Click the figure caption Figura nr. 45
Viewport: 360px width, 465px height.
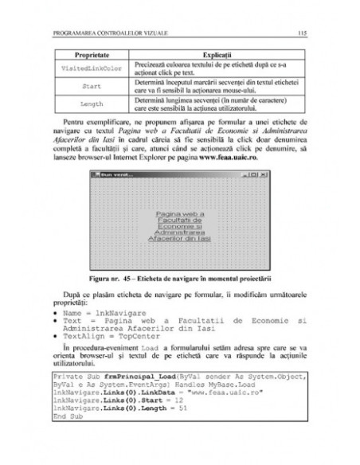[x=179, y=296]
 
